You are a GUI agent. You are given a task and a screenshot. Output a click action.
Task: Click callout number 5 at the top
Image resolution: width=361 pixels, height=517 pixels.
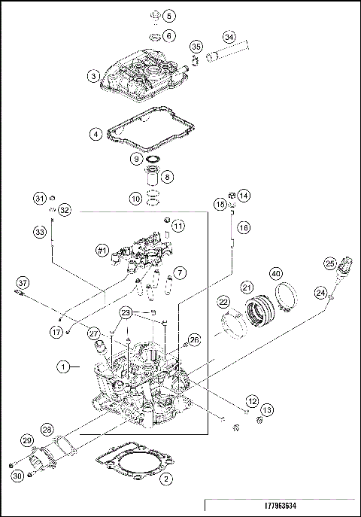pyautogui.click(x=168, y=16)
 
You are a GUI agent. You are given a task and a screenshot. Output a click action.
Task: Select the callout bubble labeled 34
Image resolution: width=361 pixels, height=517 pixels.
pyautogui.click(x=229, y=37)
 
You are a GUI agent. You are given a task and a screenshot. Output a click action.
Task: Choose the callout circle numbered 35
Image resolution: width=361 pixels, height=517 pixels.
pyautogui.click(x=196, y=47)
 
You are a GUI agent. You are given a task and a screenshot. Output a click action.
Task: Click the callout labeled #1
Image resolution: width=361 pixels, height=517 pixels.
pyautogui.click(x=102, y=249)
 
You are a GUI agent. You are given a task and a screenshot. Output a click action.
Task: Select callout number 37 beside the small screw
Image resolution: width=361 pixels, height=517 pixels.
pyautogui.click(x=23, y=283)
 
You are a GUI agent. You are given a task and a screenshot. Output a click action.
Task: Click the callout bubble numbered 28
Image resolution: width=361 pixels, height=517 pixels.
pyautogui.click(x=47, y=429)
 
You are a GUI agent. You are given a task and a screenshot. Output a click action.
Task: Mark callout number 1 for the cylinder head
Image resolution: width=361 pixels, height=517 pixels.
pyautogui.click(x=65, y=366)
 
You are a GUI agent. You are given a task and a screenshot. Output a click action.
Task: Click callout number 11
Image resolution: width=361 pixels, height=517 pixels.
pyautogui.click(x=178, y=226)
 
